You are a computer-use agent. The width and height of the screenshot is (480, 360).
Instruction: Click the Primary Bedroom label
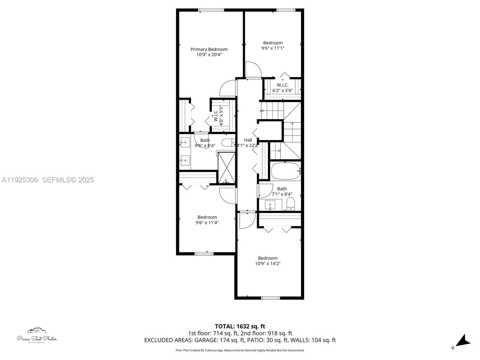209,49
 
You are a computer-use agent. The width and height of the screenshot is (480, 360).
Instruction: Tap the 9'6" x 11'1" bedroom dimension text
273,48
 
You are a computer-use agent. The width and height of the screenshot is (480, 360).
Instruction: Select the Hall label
248,140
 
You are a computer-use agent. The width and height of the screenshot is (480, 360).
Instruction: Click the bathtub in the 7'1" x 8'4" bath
285,171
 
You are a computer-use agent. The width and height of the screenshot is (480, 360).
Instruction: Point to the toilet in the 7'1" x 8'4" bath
291,204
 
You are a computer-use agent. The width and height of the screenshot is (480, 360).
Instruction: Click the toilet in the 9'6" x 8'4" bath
228,142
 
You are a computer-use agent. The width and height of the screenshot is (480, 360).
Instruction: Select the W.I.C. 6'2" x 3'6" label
282,88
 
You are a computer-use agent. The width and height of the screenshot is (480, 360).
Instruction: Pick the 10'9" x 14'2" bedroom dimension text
268,263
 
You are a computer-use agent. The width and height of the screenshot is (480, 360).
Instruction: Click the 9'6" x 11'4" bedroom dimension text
207,223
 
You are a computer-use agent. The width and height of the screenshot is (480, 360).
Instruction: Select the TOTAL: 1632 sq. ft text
240,326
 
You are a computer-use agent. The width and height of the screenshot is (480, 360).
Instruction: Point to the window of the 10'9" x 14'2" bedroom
270,298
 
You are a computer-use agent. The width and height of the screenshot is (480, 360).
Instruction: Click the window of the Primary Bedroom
211,10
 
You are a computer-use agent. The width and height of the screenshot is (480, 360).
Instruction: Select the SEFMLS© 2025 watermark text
68,180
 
